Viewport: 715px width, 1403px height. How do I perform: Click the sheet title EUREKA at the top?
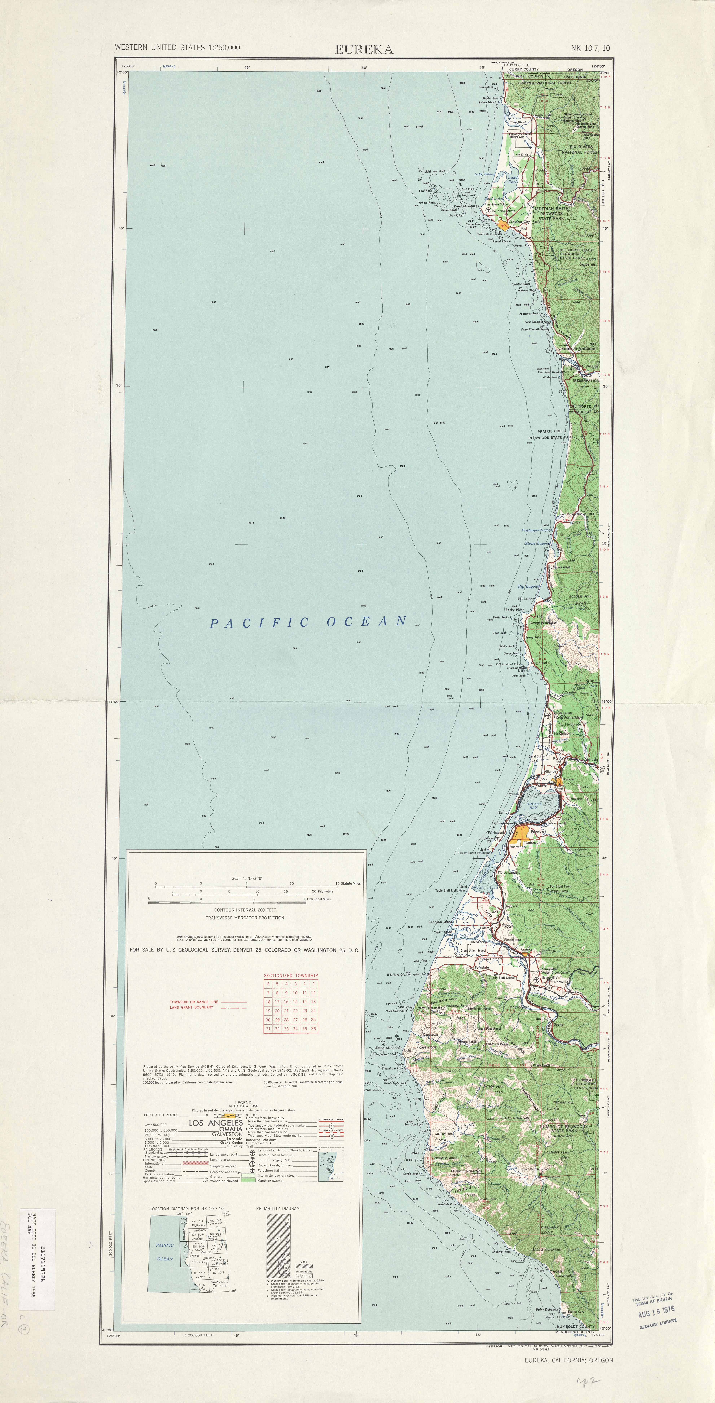pos(364,50)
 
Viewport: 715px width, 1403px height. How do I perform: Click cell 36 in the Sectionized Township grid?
pos(314,1029)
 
